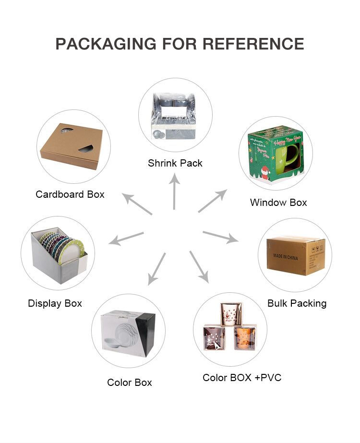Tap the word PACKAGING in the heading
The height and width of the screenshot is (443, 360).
coord(106,44)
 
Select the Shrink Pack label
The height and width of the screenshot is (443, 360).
coord(175,163)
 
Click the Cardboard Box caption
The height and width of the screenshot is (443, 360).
coord(70,194)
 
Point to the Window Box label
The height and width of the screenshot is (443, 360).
coord(278,203)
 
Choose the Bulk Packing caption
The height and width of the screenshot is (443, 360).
coord(297,303)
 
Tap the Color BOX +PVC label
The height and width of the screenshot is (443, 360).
coord(242,378)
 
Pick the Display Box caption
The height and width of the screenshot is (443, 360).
coord(55,303)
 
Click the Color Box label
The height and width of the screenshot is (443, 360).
coord(130,383)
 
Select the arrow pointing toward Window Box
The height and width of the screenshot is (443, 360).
coord(212,201)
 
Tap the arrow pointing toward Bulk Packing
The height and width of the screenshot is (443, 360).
coord(220,236)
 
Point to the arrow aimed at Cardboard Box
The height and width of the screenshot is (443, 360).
coord(137,204)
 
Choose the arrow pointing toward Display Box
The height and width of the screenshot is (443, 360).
coord(126,238)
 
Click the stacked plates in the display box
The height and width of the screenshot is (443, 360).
coord(62,247)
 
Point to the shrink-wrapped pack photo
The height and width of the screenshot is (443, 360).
coord(175,115)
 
